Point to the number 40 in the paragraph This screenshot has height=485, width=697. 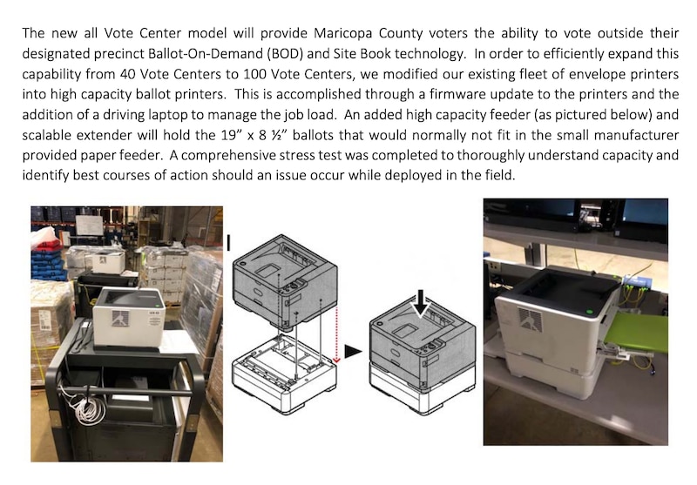[127, 74]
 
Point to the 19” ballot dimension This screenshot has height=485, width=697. [230, 135]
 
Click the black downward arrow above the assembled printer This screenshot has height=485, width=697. [421, 303]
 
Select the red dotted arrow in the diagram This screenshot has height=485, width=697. [336, 333]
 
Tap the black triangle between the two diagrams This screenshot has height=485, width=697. [353, 351]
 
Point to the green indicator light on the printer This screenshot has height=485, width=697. [590, 311]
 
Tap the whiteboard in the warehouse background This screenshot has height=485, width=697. [90, 226]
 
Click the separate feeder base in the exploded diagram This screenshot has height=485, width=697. [285, 373]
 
